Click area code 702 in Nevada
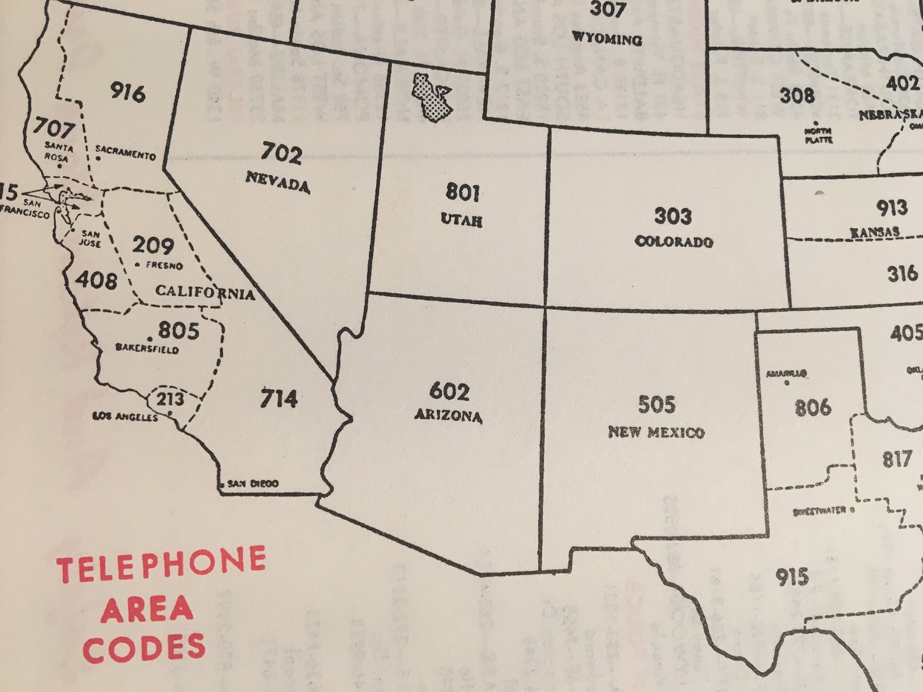click(282, 153)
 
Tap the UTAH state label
click(462, 220)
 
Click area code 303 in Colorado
click(673, 216)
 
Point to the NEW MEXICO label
click(656, 432)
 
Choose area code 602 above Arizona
click(449, 392)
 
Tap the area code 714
click(278, 399)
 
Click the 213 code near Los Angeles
click(170, 399)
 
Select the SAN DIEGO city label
click(253, 483)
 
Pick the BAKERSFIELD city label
click(147, 349)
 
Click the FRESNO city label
click(164, 266)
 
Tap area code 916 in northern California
click(128, 92)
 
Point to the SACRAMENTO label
click(126, 153)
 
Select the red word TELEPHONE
click(161, 564)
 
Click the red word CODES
click(144, 648)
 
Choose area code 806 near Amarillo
click(813, 407)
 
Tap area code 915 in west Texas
click(792, 577)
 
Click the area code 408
click(96, 280)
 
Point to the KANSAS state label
click(875, 232)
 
